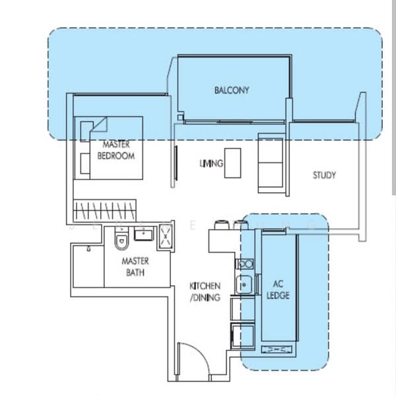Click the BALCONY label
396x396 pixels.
point(232,90)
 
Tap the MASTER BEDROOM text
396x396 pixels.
point(115,150)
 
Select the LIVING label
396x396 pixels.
point(211,163)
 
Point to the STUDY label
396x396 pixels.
point(324,176)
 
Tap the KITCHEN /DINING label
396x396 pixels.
point(205,291)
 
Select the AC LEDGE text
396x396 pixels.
point(277,291)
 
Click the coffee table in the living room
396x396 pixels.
point(232,162)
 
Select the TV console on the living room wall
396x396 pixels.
point(176,162)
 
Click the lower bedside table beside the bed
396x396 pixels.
point(84,162)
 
